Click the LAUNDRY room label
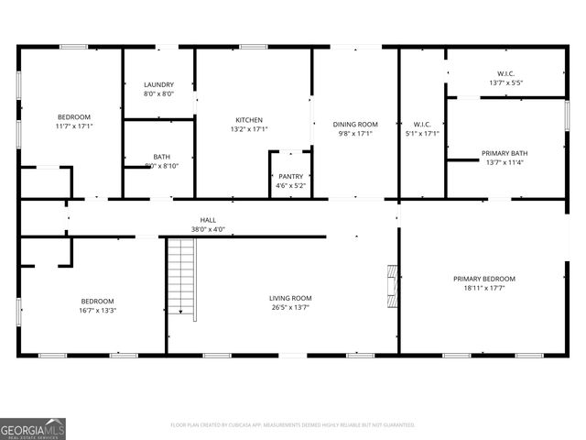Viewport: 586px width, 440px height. tap(158, 84)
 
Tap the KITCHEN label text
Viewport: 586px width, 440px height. tap(249, 120)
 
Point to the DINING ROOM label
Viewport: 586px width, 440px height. tap(354, 124)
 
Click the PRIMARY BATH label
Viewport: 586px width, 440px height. tap(505, 153)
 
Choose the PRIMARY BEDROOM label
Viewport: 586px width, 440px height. tap(483, 279)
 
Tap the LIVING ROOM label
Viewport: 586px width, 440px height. tap(290, 298)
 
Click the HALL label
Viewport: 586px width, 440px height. tap(209, 220)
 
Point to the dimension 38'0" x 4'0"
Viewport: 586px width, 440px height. tap(209, 229)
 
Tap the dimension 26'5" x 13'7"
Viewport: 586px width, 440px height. tap(290, 308)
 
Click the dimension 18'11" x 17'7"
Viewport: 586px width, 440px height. tap(483, 288)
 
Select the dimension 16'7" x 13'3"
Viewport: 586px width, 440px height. tap(97, 311)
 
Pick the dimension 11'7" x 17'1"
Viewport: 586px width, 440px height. tap(74, 126)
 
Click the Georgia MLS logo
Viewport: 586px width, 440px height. tap(33, 428)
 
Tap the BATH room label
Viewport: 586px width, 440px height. tap(161, 157)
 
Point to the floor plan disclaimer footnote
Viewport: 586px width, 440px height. tap(293, 425)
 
